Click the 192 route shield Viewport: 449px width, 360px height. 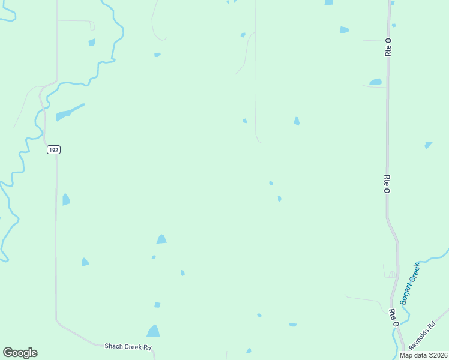point(53,149)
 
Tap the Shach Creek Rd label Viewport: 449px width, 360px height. point(128,346)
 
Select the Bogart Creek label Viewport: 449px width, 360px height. point(410,283)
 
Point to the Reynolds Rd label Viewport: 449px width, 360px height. point(421,338)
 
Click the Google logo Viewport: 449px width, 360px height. point(20,353)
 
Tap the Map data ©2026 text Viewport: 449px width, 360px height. point(423,355)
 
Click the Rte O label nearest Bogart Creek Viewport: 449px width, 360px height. point(393,317)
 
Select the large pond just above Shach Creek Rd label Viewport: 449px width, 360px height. point(154,331)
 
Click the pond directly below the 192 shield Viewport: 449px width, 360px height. point(66,199)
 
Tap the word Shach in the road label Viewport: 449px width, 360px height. point(113,346)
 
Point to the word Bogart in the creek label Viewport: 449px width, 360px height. point(406,292)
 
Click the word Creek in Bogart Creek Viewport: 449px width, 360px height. point(414,274)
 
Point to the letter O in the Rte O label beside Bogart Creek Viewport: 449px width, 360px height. point(396,323)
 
